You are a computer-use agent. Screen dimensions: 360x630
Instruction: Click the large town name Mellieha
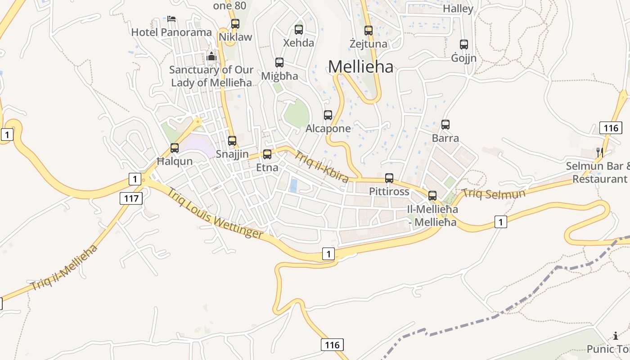coord(360,67)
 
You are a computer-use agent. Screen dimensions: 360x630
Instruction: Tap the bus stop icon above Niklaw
coord(235,24)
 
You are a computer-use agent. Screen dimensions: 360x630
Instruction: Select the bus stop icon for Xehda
coord(298,30)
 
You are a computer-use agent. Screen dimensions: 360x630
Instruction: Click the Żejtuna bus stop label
coord(368,44)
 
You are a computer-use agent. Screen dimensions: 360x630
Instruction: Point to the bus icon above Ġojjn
coord(463,45)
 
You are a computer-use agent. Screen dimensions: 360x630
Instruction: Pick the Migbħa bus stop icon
coord(279,63)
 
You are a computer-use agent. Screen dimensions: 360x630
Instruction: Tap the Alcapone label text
coord(328,128)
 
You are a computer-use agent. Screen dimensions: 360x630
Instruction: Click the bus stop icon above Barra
coord(445,125)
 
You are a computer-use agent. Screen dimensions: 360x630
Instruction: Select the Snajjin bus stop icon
coord(232,141)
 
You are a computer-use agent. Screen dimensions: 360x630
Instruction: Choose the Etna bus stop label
coord(267,168)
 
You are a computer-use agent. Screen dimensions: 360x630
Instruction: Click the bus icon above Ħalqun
coord(174,148)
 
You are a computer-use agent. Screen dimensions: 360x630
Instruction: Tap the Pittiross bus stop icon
coord(389,178)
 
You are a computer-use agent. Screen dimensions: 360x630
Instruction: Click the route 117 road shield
coord(131,198)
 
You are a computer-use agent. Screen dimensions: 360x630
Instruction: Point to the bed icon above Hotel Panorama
coord(171,19)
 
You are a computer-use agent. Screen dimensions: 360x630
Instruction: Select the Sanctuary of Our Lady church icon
coord(211,57)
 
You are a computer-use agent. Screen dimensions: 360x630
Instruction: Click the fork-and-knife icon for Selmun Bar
coord(599,153)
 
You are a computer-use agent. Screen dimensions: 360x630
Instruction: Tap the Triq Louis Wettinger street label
coord(215,213)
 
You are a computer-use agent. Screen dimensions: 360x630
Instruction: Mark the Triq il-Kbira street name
coord(321,166)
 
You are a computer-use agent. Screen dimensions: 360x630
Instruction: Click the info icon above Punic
coord(615,336)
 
